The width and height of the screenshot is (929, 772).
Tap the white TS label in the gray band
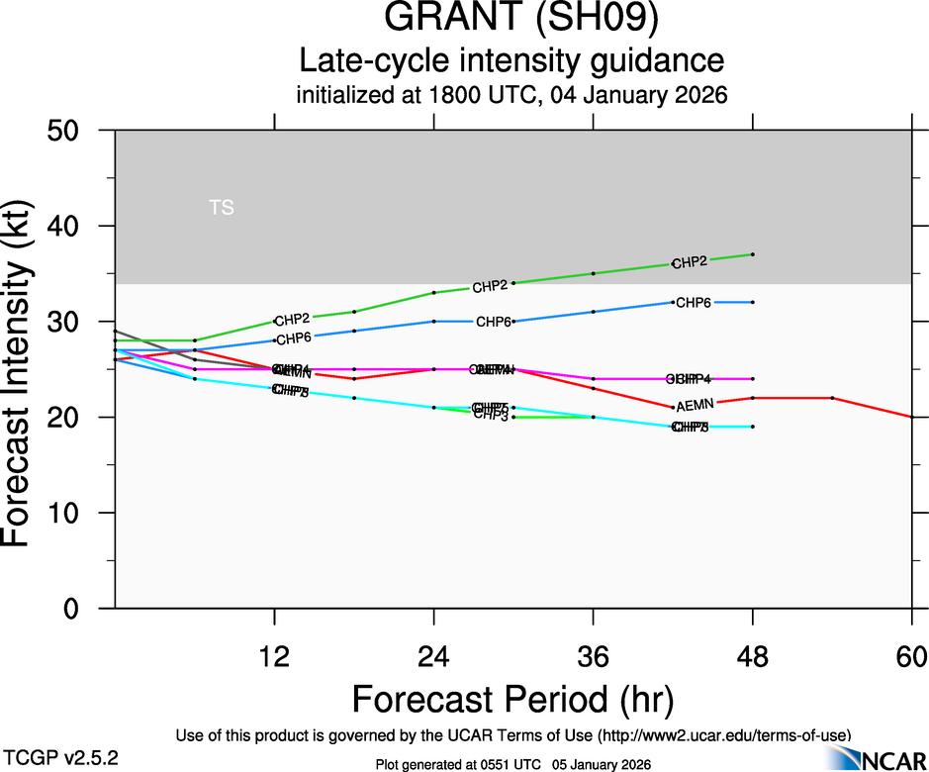pyautogui.click(x=222, y=208)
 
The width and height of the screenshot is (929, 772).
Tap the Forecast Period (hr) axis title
pyautogui.click(x=512, y=699)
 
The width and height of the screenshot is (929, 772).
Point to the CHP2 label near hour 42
pyautogui.click(x=690, y=263)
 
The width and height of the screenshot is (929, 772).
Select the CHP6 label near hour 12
pyautogui.click(x=294, y=339)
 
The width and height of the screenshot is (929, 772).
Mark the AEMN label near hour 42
pyautogui.click(x=695, y=407)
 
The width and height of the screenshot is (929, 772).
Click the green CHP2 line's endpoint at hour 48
pyautogui.click(x=753, y=254)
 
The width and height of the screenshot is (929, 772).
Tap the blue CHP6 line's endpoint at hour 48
pyautogui.click(x=753, y=302)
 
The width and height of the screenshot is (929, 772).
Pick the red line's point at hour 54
pyautogui.click(x=832, y=398)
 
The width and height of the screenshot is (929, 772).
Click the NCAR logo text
pyautogui.click(x=892, y=759)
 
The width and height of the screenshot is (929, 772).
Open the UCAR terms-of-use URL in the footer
pyautogui.click(x=723, y=736)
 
